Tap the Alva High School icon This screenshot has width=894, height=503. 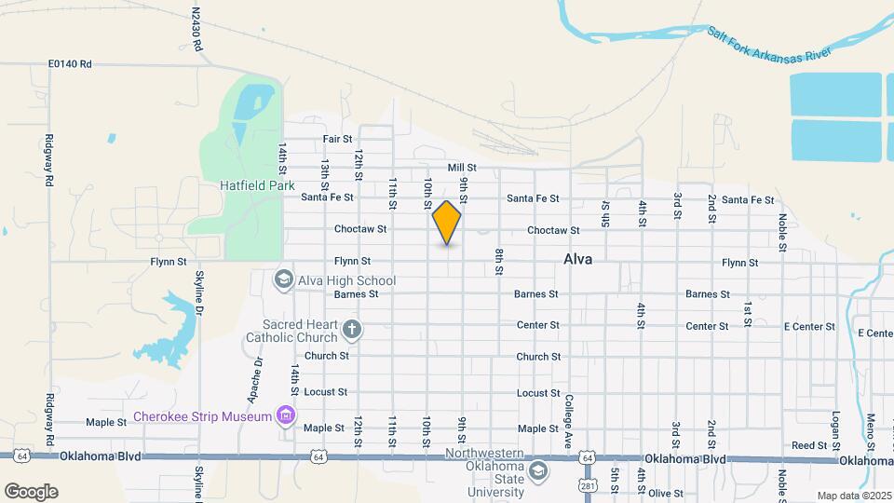tap(283, 279)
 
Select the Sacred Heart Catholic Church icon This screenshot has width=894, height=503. tap(351, 329)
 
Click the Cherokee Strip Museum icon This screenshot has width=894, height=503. tap(287, 416)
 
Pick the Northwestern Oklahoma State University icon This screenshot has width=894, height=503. tap(537, 472)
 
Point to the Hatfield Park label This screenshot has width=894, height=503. tap(256, 185)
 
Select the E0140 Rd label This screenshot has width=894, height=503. tap(70, 64)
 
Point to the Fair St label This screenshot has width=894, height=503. tap(336, 139)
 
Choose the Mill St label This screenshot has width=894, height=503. tap(462, 168)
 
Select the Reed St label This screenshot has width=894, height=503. tap(808, 445)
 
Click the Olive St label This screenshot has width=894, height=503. tap(666, 493)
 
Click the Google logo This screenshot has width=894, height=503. tap(31, 492)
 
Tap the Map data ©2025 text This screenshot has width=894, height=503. tap(853, 496)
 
